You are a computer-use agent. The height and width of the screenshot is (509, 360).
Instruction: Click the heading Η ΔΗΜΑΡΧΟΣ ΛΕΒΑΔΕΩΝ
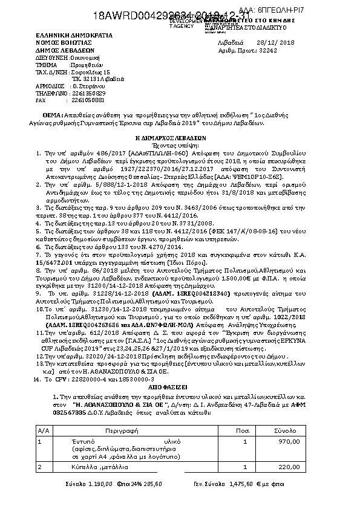(180, 138)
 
